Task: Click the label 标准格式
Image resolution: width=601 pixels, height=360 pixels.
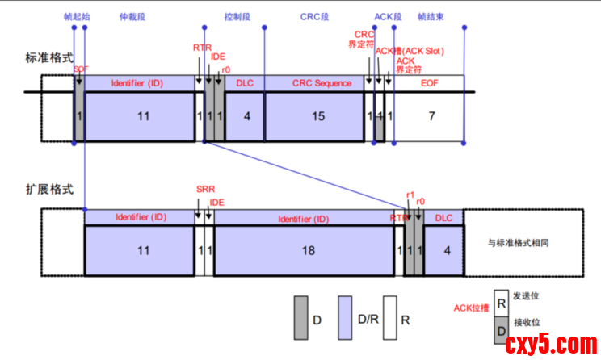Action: click(49, 58)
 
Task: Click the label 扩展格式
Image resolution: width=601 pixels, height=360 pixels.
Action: click(49, 190)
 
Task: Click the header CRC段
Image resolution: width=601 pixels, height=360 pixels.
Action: click(314, 15)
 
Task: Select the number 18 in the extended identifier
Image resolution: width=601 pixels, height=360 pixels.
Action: click(308, 250)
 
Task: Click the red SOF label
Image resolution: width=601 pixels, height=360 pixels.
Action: click(81, 69)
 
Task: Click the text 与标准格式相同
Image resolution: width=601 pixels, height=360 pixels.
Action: click(524, 242)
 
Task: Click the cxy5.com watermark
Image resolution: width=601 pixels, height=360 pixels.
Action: click(550, 345)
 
